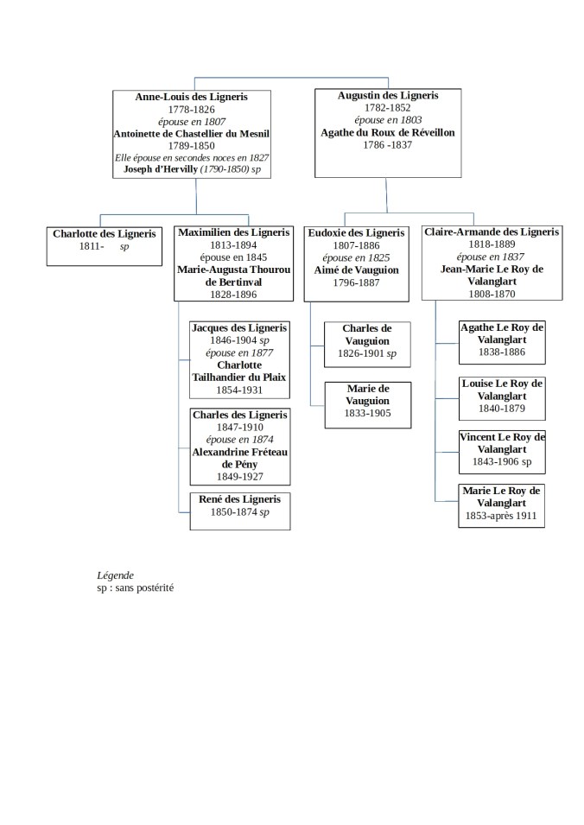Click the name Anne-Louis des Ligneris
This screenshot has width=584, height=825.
(191, 98)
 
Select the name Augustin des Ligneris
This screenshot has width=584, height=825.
(387, 96)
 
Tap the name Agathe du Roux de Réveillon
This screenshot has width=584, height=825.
(387, 133)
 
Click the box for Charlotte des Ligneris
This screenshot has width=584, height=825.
(104, 245)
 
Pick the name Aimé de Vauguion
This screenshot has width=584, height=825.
(356, 270)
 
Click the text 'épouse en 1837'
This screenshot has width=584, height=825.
(491, 257)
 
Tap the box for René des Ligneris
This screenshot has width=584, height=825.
(239, 511)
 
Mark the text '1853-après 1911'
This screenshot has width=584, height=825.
(501, 516)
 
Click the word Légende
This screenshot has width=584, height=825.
(115, 575)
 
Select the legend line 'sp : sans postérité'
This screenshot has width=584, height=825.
(136, 587)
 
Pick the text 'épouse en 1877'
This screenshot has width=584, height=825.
(239, 352)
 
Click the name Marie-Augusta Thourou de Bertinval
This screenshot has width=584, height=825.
(233, 276)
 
